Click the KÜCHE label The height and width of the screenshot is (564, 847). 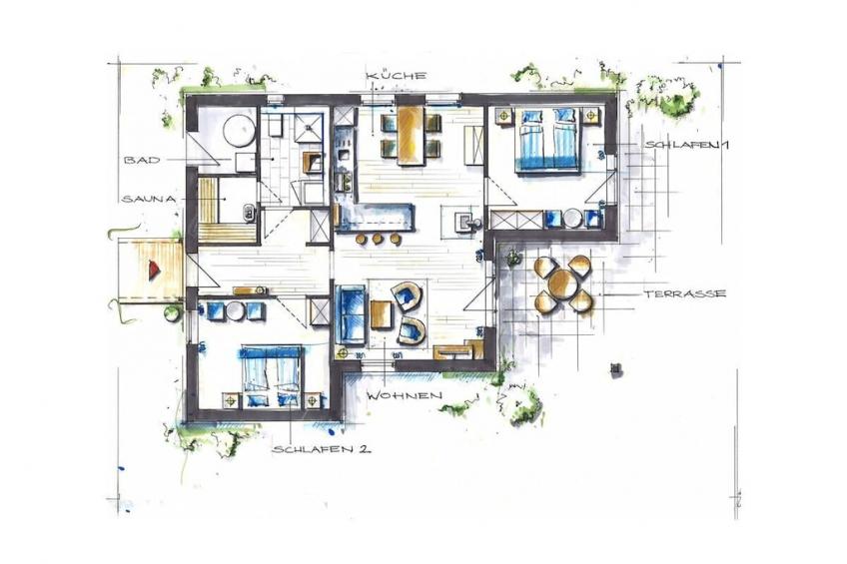[x=396, y=76]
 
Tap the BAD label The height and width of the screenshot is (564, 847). [x=142, y=161]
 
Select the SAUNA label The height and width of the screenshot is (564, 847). [x=149, y=199]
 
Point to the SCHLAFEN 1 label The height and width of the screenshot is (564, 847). [x=686, y=145]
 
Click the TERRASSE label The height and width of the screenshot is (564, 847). [x=684, y=294]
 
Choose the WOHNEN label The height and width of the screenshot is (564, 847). [x=405, y=395]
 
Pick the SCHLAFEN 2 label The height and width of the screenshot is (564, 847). [x=322, y=449]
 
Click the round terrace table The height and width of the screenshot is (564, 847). [x=561, y=282]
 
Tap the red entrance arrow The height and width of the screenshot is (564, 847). [x=154, y=269]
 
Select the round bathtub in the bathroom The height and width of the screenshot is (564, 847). [x=240, y=130]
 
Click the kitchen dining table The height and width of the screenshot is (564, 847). [x=411, y=135]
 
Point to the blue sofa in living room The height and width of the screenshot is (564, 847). [x=351, y=315]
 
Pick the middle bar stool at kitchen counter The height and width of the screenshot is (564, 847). [x=378, y=239]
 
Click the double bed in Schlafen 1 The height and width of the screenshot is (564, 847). [x=547, y=140]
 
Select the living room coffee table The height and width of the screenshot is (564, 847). [x=381, y=314]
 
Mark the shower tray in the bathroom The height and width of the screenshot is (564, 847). [x=310, y=128]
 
